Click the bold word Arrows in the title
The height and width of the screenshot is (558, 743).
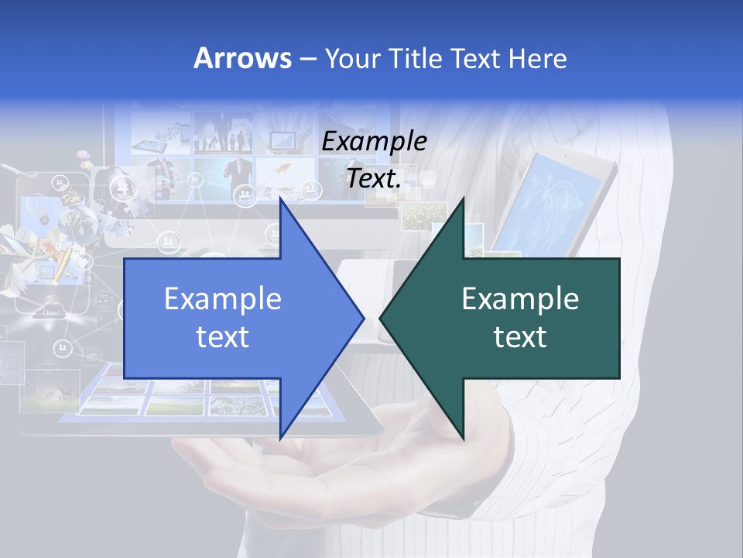[242, 58]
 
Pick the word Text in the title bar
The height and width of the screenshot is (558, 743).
[477, 59]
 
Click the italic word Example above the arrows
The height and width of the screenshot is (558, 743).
[374, 141]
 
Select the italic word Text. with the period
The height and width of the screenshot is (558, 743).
[374, 178]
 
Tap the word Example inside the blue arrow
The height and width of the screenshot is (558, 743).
[222, 299]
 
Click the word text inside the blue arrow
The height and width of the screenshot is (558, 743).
[222, 337]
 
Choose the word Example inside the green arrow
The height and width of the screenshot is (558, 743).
[520, 299]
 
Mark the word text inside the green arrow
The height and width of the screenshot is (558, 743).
[520, 337]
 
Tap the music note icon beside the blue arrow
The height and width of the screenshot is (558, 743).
[103, 298]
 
